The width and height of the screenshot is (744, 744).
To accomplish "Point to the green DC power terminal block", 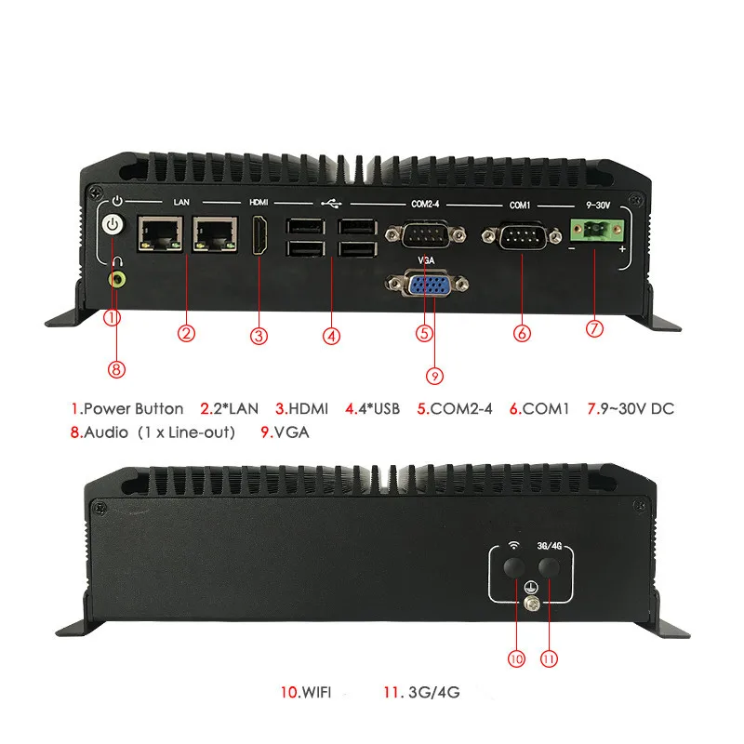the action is pos(595,229).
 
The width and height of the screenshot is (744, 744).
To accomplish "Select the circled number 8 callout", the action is pos(116,369).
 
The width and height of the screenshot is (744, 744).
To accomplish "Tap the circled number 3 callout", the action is pos(259,335).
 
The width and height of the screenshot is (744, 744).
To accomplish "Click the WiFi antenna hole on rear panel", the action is pos(513,567).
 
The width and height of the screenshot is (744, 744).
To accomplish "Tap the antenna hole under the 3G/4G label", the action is pos(550,567).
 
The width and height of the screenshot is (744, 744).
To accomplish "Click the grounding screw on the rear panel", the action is pos(533,605).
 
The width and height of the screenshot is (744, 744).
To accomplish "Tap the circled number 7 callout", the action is pos(596,327).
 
